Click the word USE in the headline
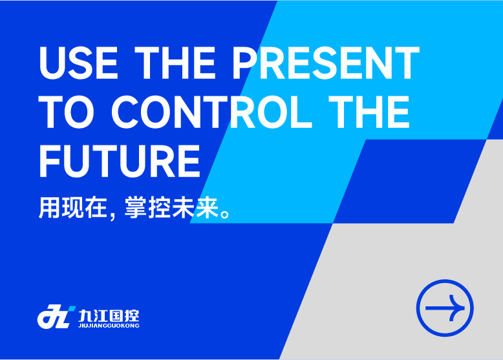(79, 63)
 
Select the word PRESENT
(326, 63)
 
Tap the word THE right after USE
(175, 63)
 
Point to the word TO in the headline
(67, 112)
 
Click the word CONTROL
(211, 112)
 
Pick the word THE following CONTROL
(369, 112)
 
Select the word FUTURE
(120, 160)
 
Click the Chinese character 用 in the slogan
(49, 207)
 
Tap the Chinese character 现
(73, 207)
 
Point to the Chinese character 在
(96, 207)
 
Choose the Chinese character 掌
(135, 207)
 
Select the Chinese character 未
(183, 207)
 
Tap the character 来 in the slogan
(207, 207)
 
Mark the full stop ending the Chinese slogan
(225, 214)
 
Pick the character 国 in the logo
(117, 316)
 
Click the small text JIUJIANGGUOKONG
(109, 326)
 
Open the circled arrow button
(445, 308)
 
